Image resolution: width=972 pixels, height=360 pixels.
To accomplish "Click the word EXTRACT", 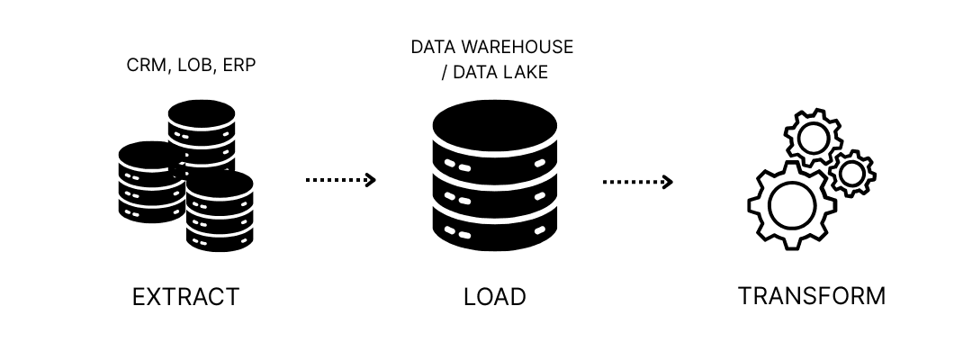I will pos(185,297).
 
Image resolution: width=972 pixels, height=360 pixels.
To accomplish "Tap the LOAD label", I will pos(494,297).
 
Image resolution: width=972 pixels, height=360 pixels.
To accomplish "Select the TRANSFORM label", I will pos(812,296).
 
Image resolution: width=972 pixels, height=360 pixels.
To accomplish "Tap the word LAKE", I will pos(525,72).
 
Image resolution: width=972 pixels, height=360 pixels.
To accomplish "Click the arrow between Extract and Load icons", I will pos(340,181).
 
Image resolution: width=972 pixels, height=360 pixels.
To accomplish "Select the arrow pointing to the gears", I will pos(637,182).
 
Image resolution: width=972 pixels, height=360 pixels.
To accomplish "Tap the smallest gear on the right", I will pos(851,172).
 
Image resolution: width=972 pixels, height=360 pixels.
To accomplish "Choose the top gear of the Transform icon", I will pos(813,139).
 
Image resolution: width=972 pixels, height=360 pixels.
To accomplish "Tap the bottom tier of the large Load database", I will pos(495,236).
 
